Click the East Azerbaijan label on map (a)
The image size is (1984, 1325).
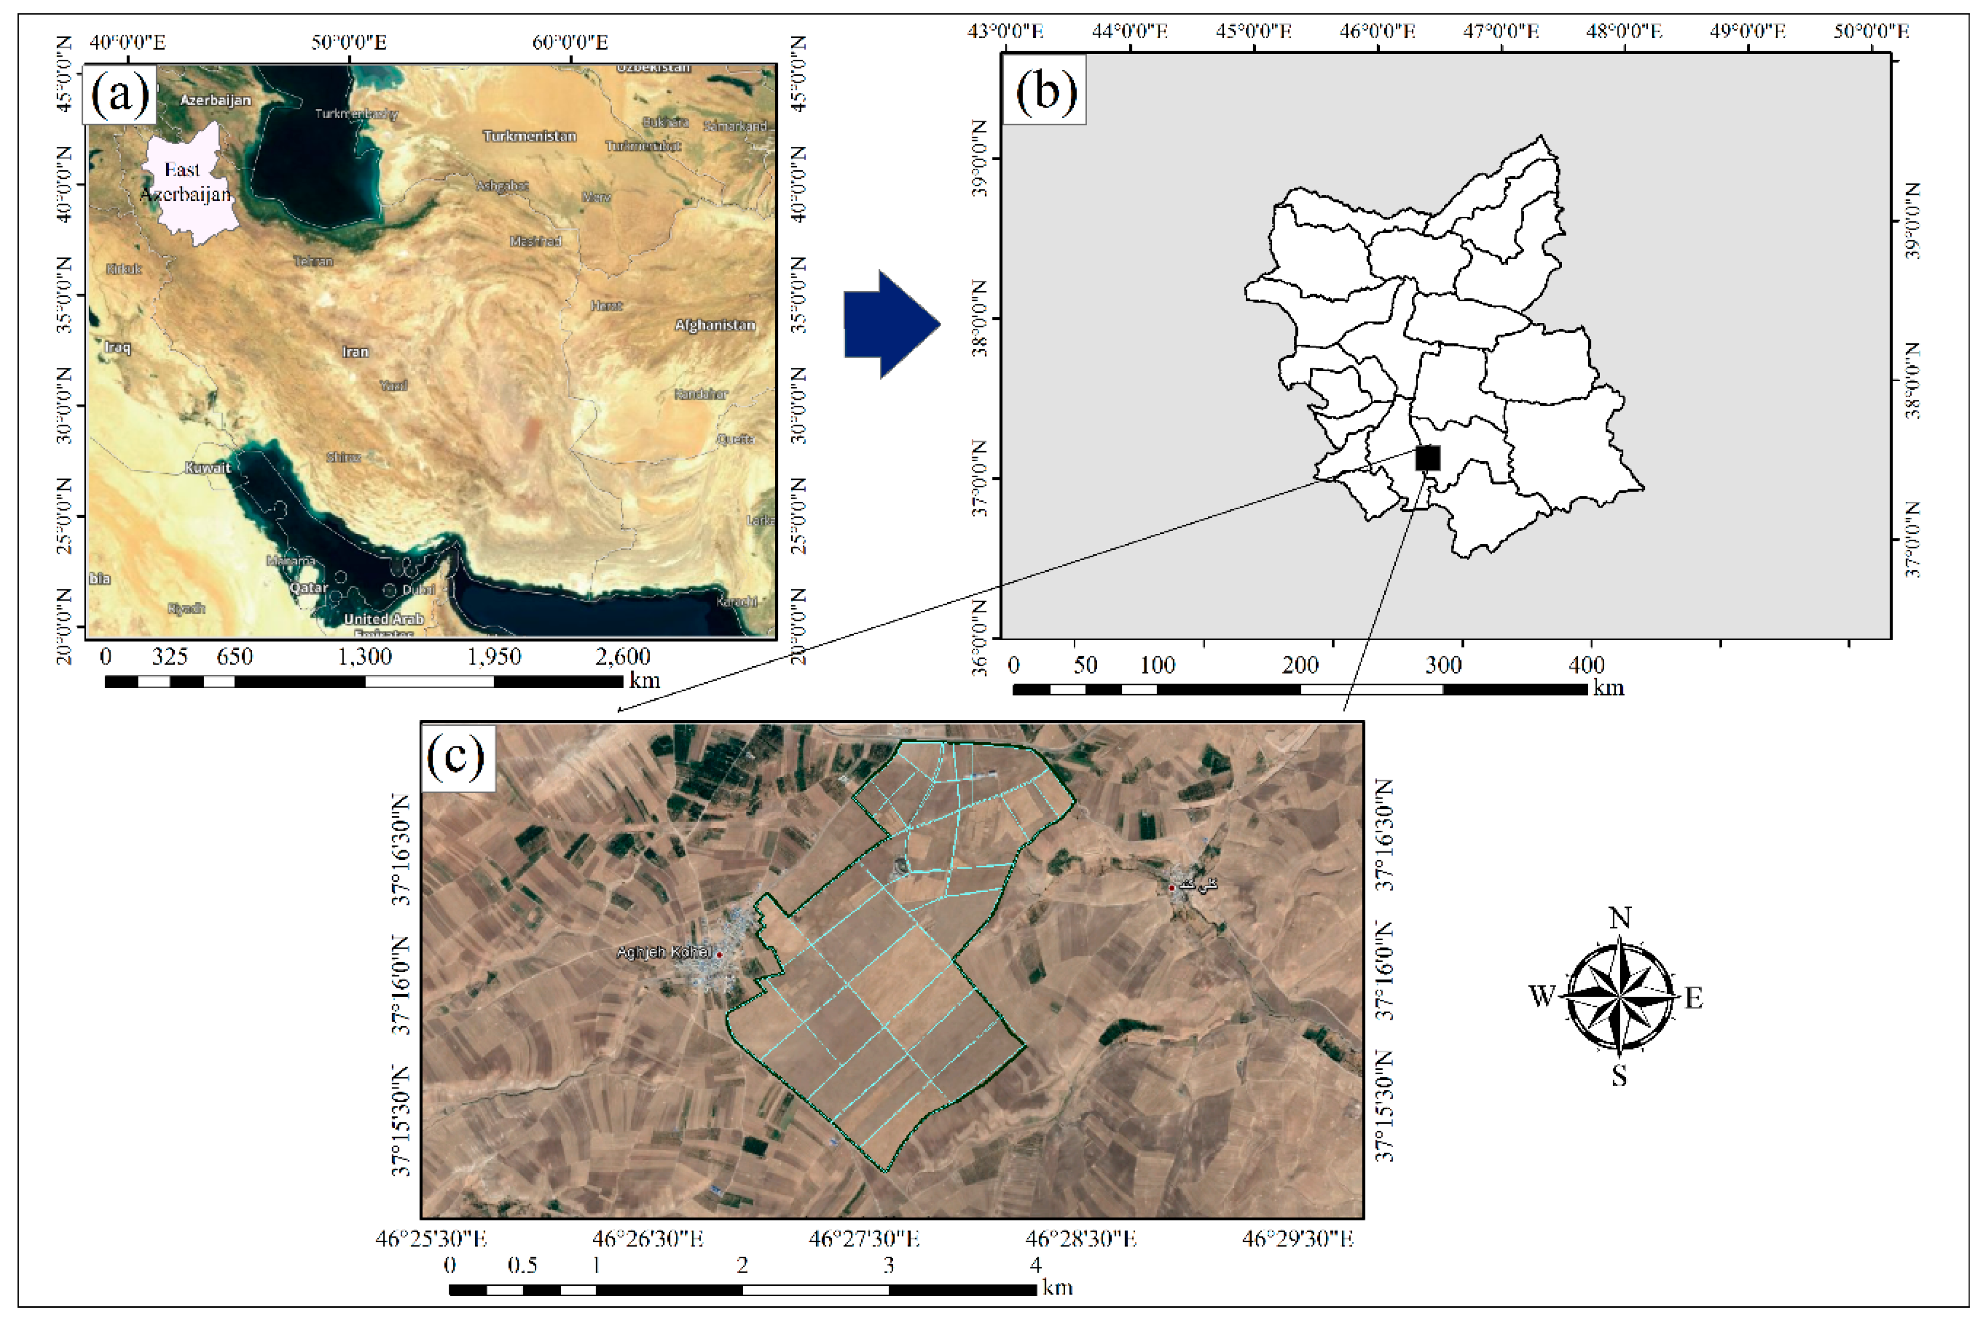click(184, 182)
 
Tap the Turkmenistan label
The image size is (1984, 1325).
click(529, 136)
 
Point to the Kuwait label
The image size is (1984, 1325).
click(207, 467)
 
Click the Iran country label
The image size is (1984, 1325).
click(355, 351)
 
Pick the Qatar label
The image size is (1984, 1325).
click(309, 587)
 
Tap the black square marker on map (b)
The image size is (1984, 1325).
click(1427, 457)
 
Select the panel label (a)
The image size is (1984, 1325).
click(119, 94)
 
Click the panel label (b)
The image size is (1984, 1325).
click(1045, 90)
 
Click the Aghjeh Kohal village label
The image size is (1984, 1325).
click(663, 952)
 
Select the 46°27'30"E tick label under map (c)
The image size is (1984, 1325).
click(864, 1239)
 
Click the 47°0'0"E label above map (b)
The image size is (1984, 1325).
click(1501, 31)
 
